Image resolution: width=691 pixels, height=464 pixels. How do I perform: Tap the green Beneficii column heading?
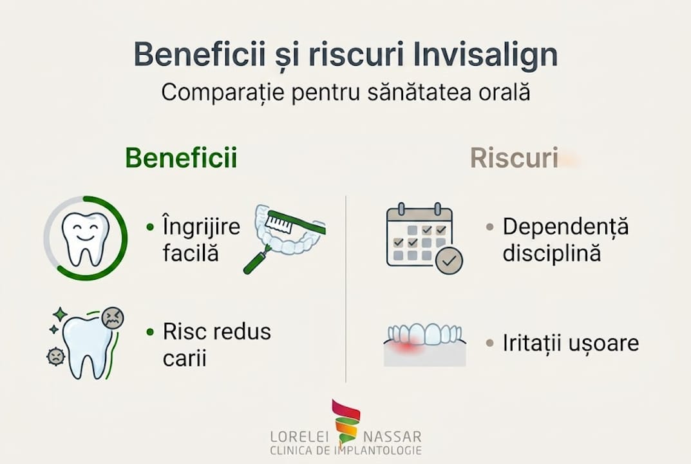181,158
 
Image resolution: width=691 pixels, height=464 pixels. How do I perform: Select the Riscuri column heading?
514,158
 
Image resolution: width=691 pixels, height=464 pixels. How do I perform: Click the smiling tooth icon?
85,237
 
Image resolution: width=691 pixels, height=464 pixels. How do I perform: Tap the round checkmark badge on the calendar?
449,262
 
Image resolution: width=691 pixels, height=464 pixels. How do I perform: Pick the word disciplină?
552,253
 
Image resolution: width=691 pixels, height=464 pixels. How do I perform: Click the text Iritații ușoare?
571,343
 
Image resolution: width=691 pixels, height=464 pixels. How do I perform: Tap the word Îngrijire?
201,227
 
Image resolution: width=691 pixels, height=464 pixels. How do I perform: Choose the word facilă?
191,253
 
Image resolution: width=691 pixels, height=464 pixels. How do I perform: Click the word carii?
184,358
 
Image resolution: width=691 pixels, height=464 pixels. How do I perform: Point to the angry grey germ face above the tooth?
113,318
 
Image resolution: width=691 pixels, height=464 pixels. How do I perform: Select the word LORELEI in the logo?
299,436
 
